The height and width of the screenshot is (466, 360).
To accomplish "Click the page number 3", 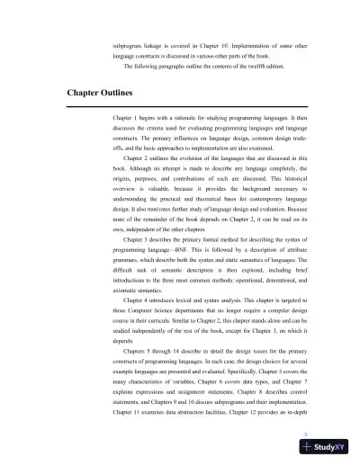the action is pyautogui.click(x=307, y=434).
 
